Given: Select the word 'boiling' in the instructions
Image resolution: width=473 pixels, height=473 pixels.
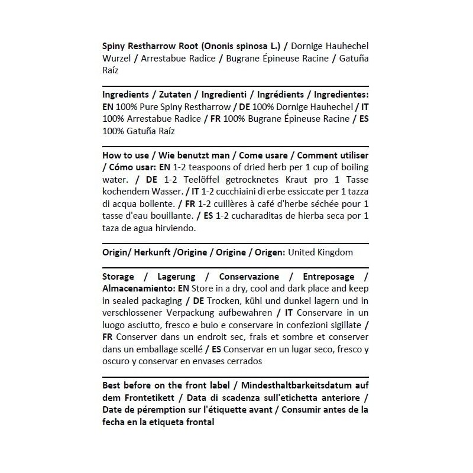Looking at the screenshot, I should pos(351,168).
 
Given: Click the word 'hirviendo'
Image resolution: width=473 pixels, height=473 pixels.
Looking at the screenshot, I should pos(176,228).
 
